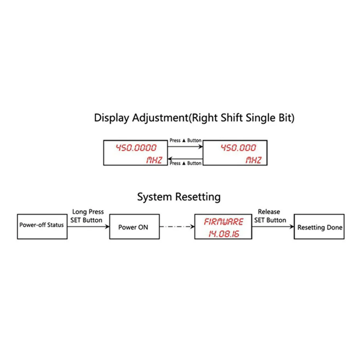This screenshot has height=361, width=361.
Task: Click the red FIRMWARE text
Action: tap(223, 222)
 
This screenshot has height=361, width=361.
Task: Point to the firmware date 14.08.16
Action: tap(224, 234)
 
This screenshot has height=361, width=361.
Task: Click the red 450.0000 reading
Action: tap(136, 148)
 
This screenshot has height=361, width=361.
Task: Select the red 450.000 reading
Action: tap(238, 148)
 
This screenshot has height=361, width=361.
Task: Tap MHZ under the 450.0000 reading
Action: tap(154, 160)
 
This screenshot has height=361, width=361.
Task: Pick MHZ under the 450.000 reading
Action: tap(253, 160)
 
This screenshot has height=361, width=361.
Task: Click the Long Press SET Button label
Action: tap(87, 216)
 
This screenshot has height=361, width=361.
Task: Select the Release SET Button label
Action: tap(270, 216)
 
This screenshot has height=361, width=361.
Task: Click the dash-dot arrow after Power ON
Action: tap(177, 227)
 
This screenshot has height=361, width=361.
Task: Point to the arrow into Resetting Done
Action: tap(273, 227)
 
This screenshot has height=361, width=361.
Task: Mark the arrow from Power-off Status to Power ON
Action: tap(88, 227)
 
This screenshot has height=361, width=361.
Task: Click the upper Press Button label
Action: tap(185, 140)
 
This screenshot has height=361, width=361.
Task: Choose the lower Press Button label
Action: tap(185, 163)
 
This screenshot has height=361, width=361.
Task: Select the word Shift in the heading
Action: tap(232, 118)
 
